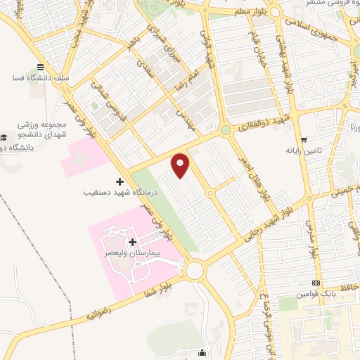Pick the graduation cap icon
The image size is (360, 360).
coord(5,136)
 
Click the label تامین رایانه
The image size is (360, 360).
coord(303,150)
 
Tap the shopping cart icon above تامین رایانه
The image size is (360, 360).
coord(303,140)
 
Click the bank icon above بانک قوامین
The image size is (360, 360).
coord(316,284)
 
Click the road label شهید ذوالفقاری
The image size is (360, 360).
coord(262,126)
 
